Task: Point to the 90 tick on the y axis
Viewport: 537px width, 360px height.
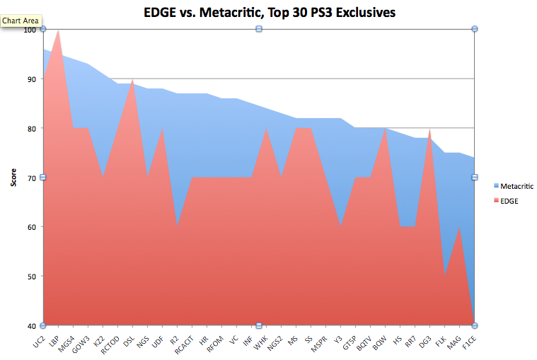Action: click(x=32, y=79)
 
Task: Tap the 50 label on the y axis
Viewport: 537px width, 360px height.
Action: click(x=32, y=277)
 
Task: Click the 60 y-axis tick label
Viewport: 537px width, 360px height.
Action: click(x=32, y=227)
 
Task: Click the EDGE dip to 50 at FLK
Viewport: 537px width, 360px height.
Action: click(x=444, y=276)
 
